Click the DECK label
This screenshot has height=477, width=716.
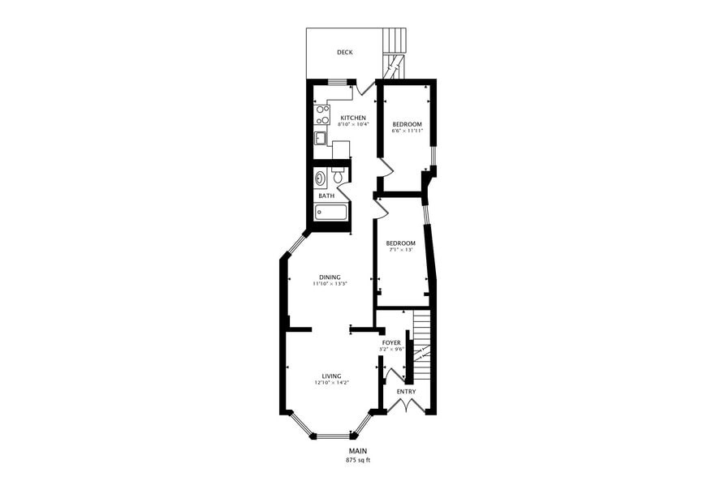click(345, 52)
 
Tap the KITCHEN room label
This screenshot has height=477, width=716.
click(353, 118)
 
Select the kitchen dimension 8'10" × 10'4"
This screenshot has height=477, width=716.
click(353, 124)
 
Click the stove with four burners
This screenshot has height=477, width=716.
click(322, 114)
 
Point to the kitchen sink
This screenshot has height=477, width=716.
click(321, 137)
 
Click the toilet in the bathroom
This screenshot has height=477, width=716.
click(338, 175)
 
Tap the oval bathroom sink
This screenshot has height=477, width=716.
click(321, 178)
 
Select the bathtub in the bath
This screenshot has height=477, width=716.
click(331, 212)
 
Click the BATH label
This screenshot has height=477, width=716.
click(326, 196)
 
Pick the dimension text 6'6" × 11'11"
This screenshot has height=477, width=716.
click(408, 131)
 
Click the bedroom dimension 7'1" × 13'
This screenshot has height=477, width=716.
click(400, 250)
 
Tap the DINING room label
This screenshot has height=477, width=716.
click(330, 277)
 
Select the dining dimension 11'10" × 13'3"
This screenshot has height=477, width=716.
click(330, 283)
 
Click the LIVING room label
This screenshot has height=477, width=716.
click(331, 376)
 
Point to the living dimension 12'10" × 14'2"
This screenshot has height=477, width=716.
click(332, 383)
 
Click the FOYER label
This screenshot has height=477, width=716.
click(391, 343)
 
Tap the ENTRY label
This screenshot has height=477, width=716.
click(406, 392)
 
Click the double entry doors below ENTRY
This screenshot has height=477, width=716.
click(406, 406)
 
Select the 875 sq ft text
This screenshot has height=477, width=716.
click(358, 460)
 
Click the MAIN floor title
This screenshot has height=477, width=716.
click(358, 451)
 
